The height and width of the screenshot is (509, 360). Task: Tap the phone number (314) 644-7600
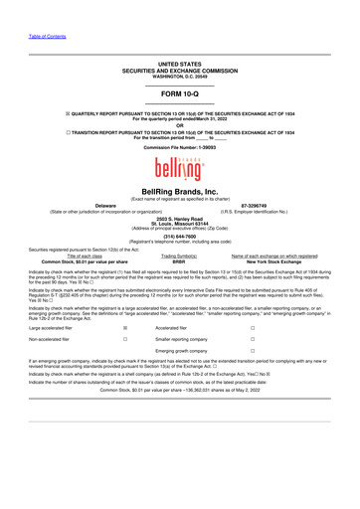coord(179,237)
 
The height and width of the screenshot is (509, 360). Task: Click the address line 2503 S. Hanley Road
coord(180,217)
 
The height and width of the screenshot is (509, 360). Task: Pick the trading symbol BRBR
coord(179,260)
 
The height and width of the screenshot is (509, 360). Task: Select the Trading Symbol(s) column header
coord(179,254)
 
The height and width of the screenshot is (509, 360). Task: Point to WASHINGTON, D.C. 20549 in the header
coord(180,77)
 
